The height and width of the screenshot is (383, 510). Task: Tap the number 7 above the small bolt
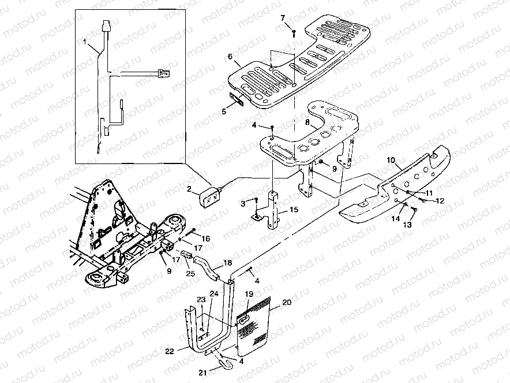point(283,18)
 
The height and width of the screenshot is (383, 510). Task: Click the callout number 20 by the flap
point(287,302)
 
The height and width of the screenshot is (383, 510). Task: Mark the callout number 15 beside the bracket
point(294,210)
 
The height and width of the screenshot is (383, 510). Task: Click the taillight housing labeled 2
point(210,197)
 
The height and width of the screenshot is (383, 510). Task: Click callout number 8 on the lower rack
point(307,122)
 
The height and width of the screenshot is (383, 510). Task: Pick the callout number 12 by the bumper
point(440,200)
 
